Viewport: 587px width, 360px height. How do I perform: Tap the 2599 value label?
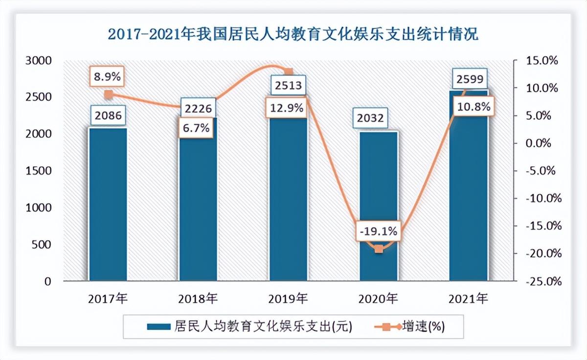click(x=469, y=79)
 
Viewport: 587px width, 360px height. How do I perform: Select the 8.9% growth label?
click(x=108, y=76)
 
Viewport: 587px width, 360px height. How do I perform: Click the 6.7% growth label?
click(x=197, y=128)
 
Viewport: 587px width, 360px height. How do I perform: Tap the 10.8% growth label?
click(x=471, y=107)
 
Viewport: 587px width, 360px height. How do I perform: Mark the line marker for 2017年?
click(x=108, y=95)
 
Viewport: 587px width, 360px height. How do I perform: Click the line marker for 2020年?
click(x=379, y=248)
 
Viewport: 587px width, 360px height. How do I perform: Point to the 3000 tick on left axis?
click(x=38, y=61)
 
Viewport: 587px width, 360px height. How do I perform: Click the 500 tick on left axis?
click(x=42, y=245)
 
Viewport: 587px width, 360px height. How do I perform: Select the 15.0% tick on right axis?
click(x=542, y=61)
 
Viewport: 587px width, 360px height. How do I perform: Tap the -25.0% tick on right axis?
click(x=541, y=282)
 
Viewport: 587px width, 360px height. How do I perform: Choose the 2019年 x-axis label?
click(x=288, y=298)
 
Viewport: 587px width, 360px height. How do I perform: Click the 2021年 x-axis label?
click(x=469, y=298)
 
